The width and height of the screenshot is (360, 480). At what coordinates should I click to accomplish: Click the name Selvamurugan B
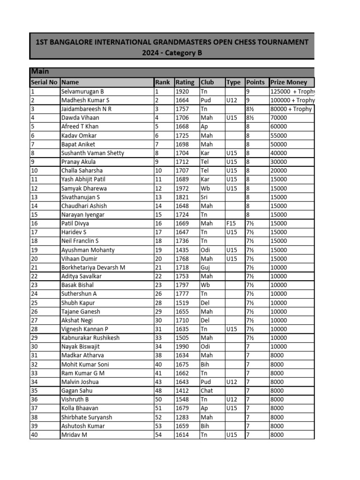(x=82, y=91)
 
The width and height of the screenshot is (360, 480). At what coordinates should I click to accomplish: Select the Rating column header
(x=185, y=82)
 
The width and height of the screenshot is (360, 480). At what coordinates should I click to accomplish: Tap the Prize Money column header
(x=289, y=82)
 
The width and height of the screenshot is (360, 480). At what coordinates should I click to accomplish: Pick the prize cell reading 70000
(x=280, y=118)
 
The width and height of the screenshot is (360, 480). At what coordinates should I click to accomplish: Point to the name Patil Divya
(x=75, y=224)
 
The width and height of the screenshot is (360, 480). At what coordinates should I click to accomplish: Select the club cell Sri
(x=204, y=197)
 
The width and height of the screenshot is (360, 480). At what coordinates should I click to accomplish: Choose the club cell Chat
(x=206, y=390)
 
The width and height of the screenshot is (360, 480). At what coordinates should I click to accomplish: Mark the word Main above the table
(x=40, y=72)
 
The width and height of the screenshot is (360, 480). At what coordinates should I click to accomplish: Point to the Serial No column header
(x=44, y=82)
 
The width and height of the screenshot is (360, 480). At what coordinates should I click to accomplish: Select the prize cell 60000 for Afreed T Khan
(x=280, y=127)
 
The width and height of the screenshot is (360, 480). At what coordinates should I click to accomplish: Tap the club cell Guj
(x=205, y=268)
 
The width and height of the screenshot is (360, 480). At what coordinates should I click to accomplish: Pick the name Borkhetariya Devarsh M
(x=93, y=268)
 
